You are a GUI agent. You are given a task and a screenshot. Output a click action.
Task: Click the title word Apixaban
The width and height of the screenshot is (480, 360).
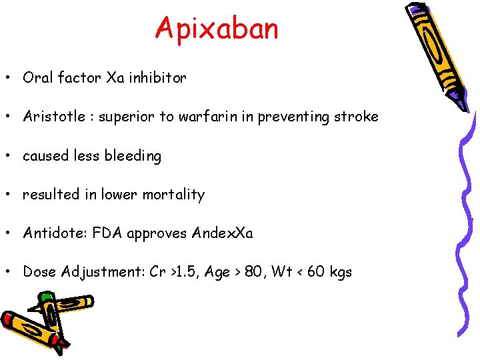(x=217, y=29)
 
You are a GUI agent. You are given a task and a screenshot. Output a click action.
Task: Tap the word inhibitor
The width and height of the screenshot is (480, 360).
(x=158, y=78)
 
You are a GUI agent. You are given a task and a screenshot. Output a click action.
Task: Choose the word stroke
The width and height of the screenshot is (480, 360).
(x=357, y=117)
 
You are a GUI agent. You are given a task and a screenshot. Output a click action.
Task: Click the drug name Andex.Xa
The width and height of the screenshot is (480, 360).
(x=222, y=233)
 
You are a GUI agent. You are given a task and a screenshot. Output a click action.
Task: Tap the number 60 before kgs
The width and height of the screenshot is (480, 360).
(x=315, y=272)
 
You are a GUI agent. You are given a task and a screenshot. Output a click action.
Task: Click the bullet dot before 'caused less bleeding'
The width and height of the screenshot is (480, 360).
(x=12, y=156)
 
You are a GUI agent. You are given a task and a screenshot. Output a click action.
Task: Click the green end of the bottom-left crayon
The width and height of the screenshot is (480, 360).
(x=46, y=297)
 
